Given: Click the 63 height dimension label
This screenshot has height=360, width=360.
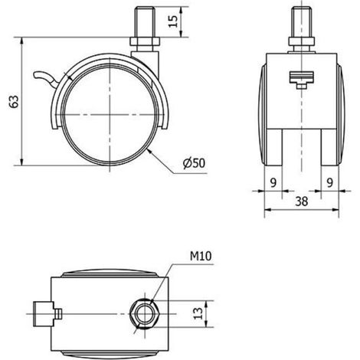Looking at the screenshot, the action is pyautogui.click(x=15, y=101).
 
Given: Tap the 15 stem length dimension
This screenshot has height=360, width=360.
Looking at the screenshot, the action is pyautogui.click(x=173, y=21).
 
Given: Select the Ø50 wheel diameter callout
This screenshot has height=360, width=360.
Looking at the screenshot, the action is pyautogui.click(x=195, y=163).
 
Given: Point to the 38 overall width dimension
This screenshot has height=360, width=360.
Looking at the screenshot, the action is pyautogui.click(x=302, y=201).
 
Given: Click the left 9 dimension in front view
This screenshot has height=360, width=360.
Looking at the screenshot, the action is pyautogui.click(x=273, y=182).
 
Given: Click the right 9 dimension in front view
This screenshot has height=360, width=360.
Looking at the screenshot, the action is pyautogui.click(x=330, y=182).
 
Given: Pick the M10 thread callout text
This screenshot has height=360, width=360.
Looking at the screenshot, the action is pyautogui.click(x=201, y=256).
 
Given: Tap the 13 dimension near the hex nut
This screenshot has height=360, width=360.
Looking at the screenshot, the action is pyautogui.click(x=198, y=313).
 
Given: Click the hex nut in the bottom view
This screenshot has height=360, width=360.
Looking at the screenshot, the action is pyautogui.click(x=145, y=314).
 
